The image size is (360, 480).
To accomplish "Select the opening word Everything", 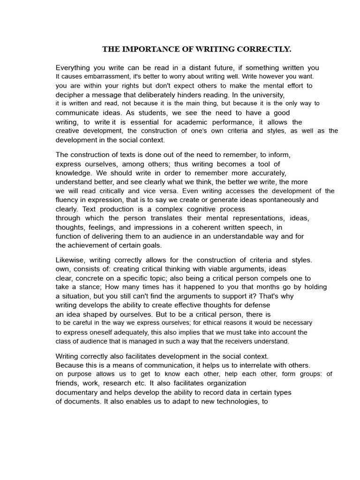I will coord(75,67).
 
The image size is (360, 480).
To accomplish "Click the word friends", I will coord(67,383).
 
